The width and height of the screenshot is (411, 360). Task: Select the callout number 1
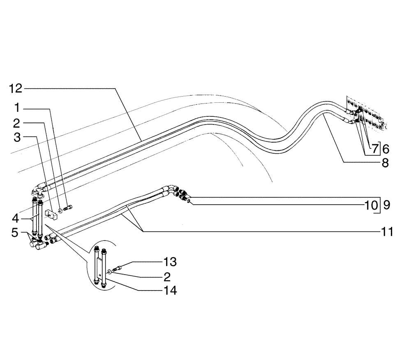pos(17,108)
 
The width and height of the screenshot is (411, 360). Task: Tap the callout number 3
pos(17,137)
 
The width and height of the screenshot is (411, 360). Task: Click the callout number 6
pos(385,149)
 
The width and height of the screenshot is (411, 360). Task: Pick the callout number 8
pos(385,163)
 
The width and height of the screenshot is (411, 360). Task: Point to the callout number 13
pos(169,261)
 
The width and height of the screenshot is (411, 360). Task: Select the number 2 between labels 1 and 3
pos(17,123)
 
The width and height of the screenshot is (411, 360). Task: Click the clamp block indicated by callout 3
pos(51,215)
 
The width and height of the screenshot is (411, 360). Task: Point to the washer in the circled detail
pos(111,272)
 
